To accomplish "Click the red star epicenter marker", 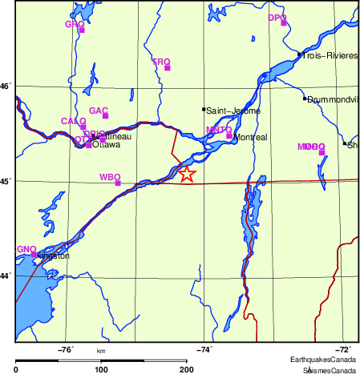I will [x=186, y=174].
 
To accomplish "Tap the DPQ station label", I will [x=277, y=17].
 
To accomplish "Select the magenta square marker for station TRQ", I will [x=168, y=67].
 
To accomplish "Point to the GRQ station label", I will [x=75, y=24].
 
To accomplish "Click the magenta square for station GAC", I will [x=105, y=116].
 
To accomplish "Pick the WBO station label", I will [x=109, y=176].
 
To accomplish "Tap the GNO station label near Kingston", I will [x=26, y=249].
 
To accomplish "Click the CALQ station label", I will [x=73, y=121].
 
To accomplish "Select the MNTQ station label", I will [x=218, y=129].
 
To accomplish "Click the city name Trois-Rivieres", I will [x=329, y=56].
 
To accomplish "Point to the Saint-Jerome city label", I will [x=234, y=111].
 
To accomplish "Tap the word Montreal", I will [x=249, y=138].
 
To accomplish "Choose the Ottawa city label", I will [x=107, y=145].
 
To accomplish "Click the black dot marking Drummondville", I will [x=305, y=98].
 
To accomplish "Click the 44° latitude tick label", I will [x=6, y=275].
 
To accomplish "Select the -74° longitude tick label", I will [x=204, y=349].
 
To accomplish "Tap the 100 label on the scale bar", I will [x=101, y=369].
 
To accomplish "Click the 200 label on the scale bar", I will [x=187, y=369].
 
